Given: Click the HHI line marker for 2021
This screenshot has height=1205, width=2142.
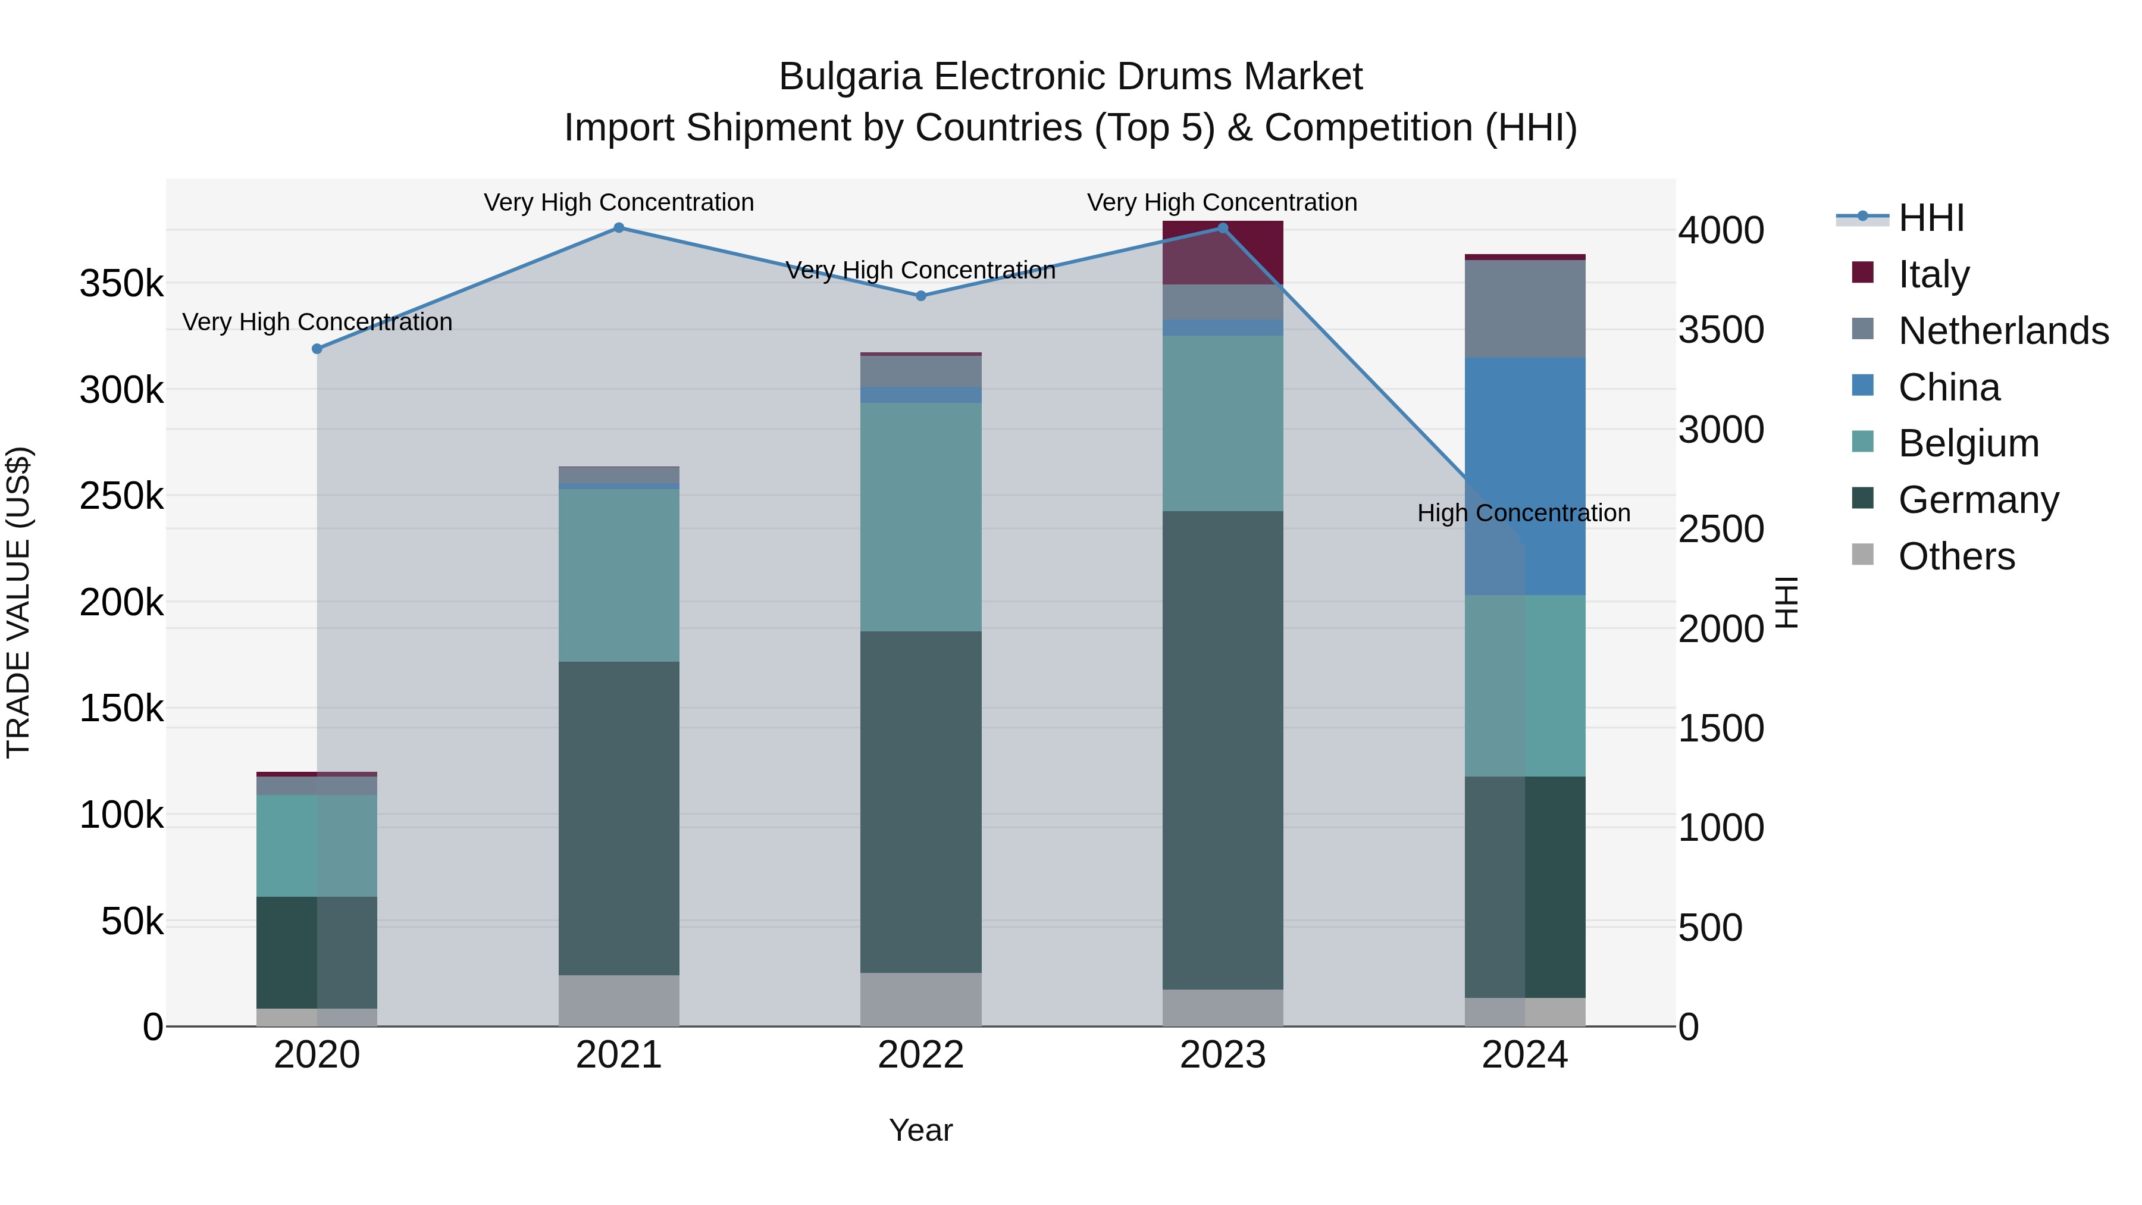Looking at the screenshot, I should point(619,228).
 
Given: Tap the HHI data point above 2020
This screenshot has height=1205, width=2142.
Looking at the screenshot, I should point(317,349).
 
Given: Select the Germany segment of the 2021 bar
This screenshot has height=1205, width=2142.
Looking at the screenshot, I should point(619,819).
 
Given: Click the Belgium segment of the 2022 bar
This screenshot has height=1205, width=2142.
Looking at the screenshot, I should point(920,517).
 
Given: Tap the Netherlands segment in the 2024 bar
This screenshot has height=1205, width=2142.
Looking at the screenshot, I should point(1525,309).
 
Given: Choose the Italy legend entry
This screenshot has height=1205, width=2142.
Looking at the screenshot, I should point(1933,274).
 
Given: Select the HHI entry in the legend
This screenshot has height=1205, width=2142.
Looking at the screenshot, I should point(1931,218).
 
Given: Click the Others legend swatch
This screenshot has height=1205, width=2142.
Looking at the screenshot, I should point(1862,555).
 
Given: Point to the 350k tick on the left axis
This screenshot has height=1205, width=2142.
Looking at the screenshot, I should point(121,284).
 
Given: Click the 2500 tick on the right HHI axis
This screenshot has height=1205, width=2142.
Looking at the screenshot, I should point(1720,530).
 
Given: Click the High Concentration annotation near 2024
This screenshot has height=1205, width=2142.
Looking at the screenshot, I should point(1523,513).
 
